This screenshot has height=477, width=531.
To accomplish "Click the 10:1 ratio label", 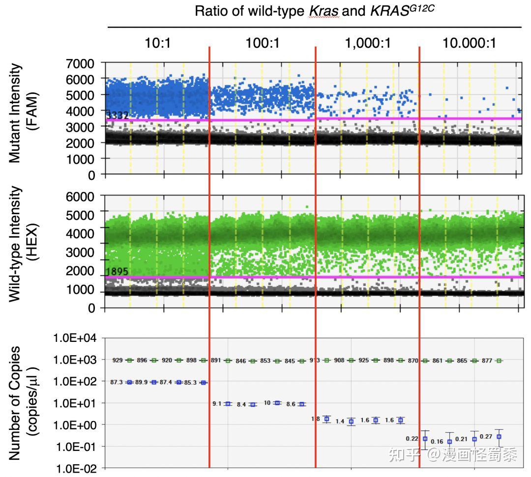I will click(x=157, y=43).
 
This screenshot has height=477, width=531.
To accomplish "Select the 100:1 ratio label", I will click(x=262, y=43).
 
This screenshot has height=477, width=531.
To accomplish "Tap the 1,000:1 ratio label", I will click(x=368, y=43).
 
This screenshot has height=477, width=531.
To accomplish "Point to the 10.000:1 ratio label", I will click(x=469, y=43).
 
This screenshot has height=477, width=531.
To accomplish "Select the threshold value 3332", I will click(x=118, y=115).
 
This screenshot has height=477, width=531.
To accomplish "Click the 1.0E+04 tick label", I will click(x=76, y=338).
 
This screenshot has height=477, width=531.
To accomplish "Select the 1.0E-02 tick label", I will click(x=76, y=468).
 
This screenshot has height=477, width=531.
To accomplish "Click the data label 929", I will click(x=118, y=360).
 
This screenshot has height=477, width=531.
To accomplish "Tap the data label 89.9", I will click(x=142, y=382).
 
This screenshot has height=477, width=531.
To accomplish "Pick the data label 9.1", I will click(x=217, y=403).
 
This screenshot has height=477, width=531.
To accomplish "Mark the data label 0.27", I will click(x=486, y=437).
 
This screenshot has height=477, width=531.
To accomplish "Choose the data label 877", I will click(x=487, y=361).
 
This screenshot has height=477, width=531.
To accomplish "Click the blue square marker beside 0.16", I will click(x=449, y=442).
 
